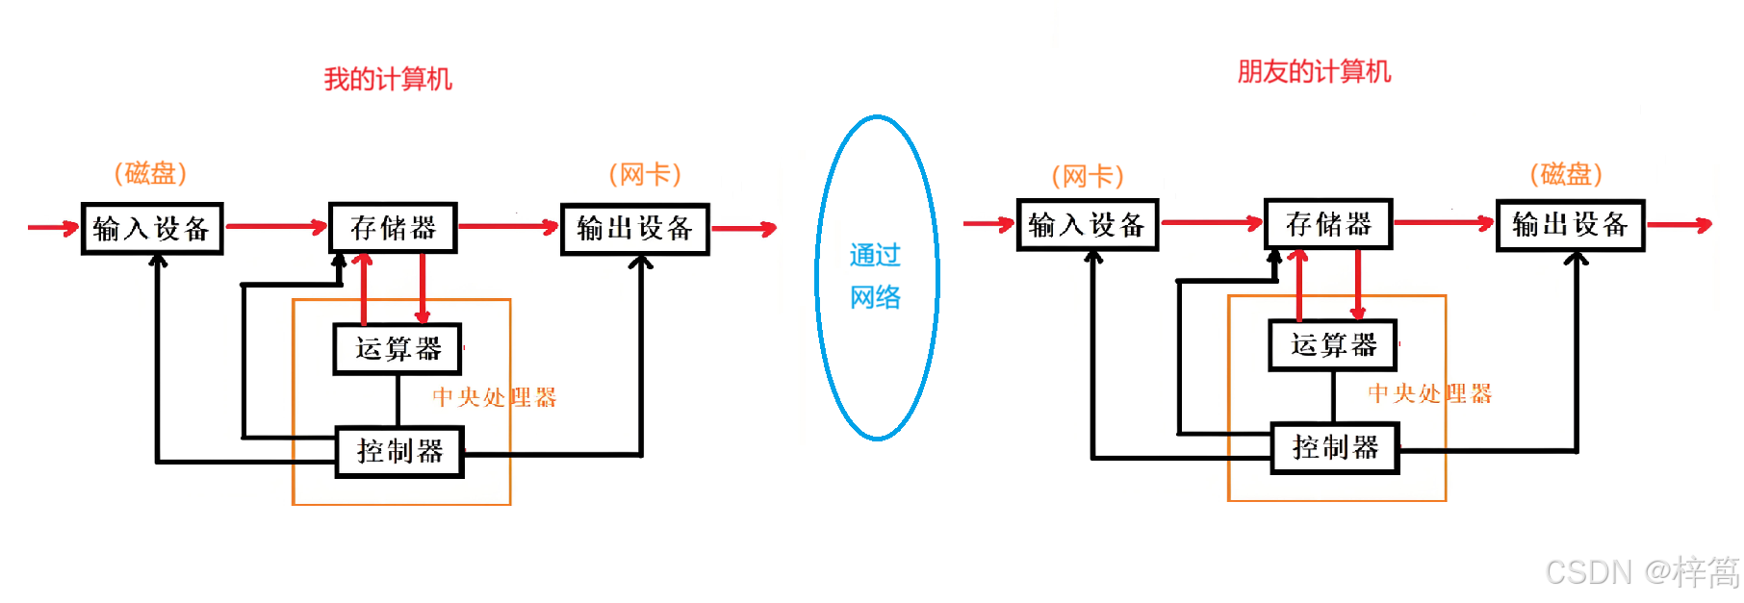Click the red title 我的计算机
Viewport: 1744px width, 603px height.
[x=388, y=79]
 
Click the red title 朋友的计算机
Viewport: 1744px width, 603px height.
[x=1314, y=71]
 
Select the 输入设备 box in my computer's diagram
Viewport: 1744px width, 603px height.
[x=152, y=229]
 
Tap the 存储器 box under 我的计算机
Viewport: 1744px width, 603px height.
[x=393, y=228]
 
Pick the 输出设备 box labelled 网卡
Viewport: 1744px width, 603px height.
[x=635, y=229]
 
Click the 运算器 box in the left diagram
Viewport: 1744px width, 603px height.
[x=398, y=348]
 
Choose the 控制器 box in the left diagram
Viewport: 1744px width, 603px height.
[x=399, y=451]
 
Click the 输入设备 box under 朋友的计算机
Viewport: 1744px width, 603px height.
[x=1087, y=225]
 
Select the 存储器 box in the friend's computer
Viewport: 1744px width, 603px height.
[x=1328, y=224]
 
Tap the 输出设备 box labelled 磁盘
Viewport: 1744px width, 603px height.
[x=1570, y=225]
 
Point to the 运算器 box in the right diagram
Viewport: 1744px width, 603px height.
[x=1333, y=344]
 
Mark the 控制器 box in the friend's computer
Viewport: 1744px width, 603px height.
[x=1335, y=447]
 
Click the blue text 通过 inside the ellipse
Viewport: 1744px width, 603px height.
[x=875, y=255]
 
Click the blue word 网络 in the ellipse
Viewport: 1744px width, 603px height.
[x=875, y=297]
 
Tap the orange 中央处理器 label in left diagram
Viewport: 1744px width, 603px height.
[x=495, y=397]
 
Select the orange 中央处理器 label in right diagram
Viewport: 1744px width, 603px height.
[x=1430, y=393]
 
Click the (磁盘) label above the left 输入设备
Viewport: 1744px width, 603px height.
[x=150, y=173]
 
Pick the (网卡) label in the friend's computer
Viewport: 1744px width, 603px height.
[x=1088, y=176]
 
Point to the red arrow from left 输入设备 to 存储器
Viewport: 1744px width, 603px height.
[x=275, y=227]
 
